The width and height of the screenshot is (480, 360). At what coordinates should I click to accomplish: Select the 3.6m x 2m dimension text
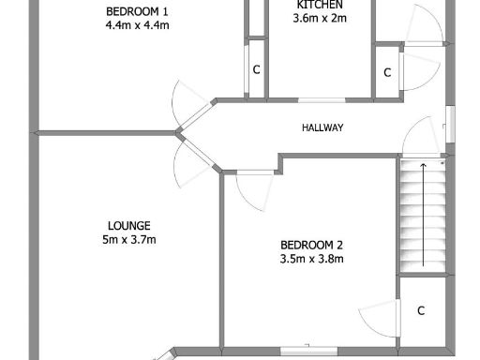(x=319, y=18)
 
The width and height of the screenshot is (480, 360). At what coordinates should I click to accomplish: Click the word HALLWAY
(x=322, y=128)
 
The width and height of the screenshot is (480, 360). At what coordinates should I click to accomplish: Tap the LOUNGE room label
(x=129, y=225)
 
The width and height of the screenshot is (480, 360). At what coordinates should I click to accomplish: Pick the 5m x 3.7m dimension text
(x=129, y=240)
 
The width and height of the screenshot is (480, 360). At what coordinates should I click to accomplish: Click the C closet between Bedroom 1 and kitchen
(x=255, y=70)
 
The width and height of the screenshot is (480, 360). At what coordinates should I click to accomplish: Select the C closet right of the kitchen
(x=386, y=72)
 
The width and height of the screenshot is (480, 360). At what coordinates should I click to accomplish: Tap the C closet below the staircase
(x=421, y=310)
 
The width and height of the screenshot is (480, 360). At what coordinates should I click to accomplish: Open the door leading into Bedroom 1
(x=187, y=103)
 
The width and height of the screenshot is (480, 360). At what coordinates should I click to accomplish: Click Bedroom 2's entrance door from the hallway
(x=253, y=190)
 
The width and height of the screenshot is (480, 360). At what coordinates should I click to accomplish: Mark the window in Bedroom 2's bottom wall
(x=308, y=352)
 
